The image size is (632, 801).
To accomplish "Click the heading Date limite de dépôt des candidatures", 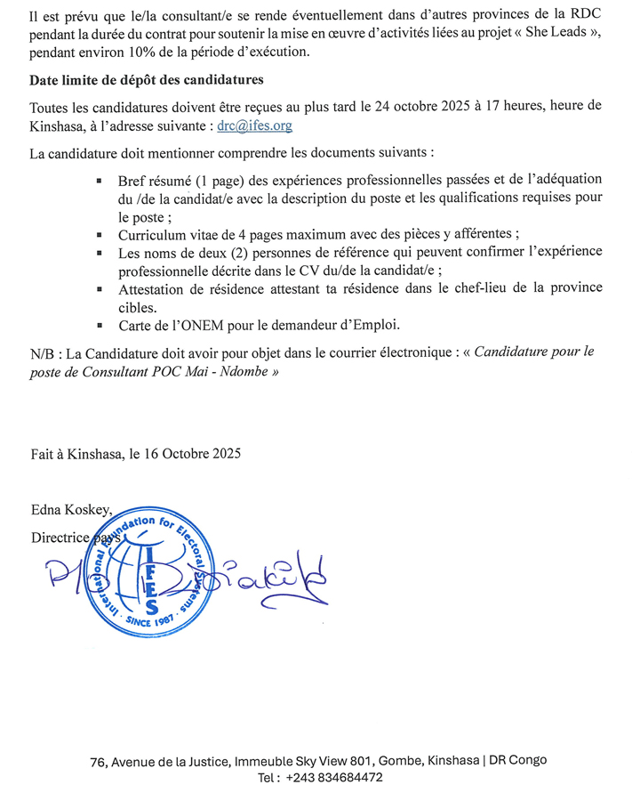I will (x=146, y=81).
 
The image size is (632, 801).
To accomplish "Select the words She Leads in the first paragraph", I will (x=556, y=35).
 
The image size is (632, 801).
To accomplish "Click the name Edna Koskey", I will (x=72, y=510).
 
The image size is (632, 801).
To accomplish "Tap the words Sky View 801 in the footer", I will (x=335, y=760).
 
